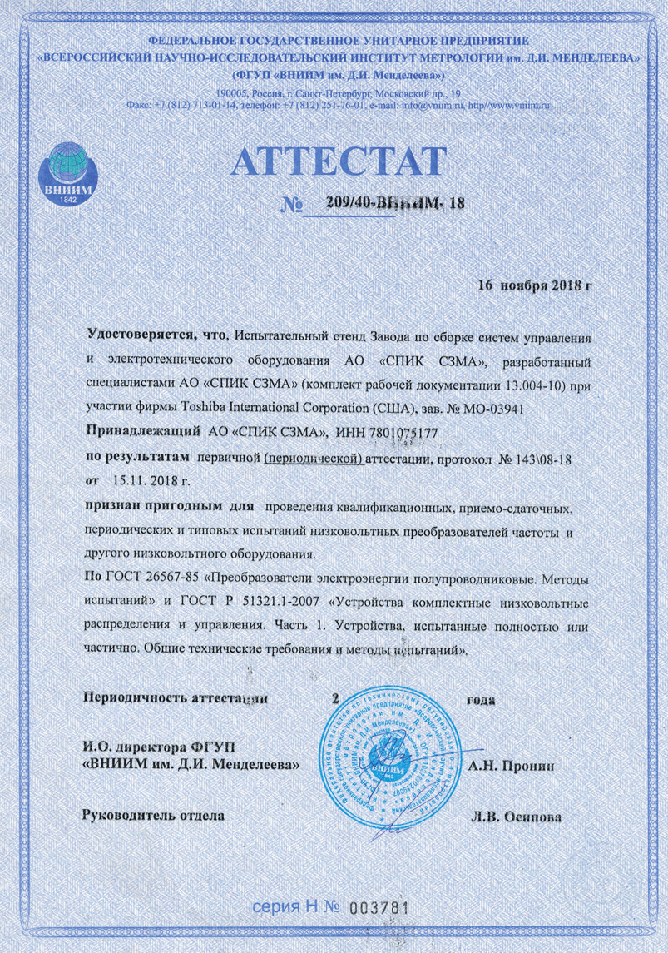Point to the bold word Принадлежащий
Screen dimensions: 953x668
pyautogui.click(x=143, y=431)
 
